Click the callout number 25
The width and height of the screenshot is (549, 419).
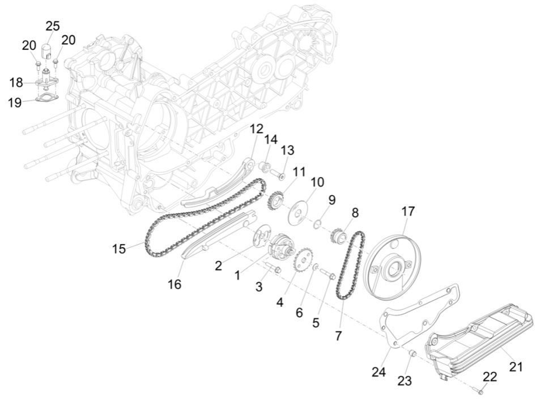(53, 26)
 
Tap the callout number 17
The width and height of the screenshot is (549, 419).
(408, 211)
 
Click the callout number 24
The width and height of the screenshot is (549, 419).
(379, 372)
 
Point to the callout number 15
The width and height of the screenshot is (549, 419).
(119, 249)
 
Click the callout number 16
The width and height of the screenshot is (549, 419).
(175, 284)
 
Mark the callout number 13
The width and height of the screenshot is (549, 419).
(288, 150)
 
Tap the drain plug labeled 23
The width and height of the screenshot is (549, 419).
(413, 354)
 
